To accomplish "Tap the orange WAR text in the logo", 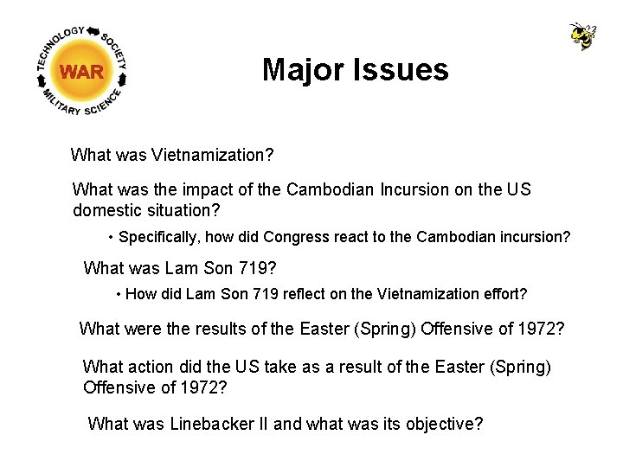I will pyautogui.click(x=82, y=72).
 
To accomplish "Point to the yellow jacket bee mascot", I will pyautogui.click(x=582, y=35).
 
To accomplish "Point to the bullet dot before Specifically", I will pyautogui.click(x=112, y=237).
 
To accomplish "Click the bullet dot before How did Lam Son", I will pyautogui.click(x=119, y=294).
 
